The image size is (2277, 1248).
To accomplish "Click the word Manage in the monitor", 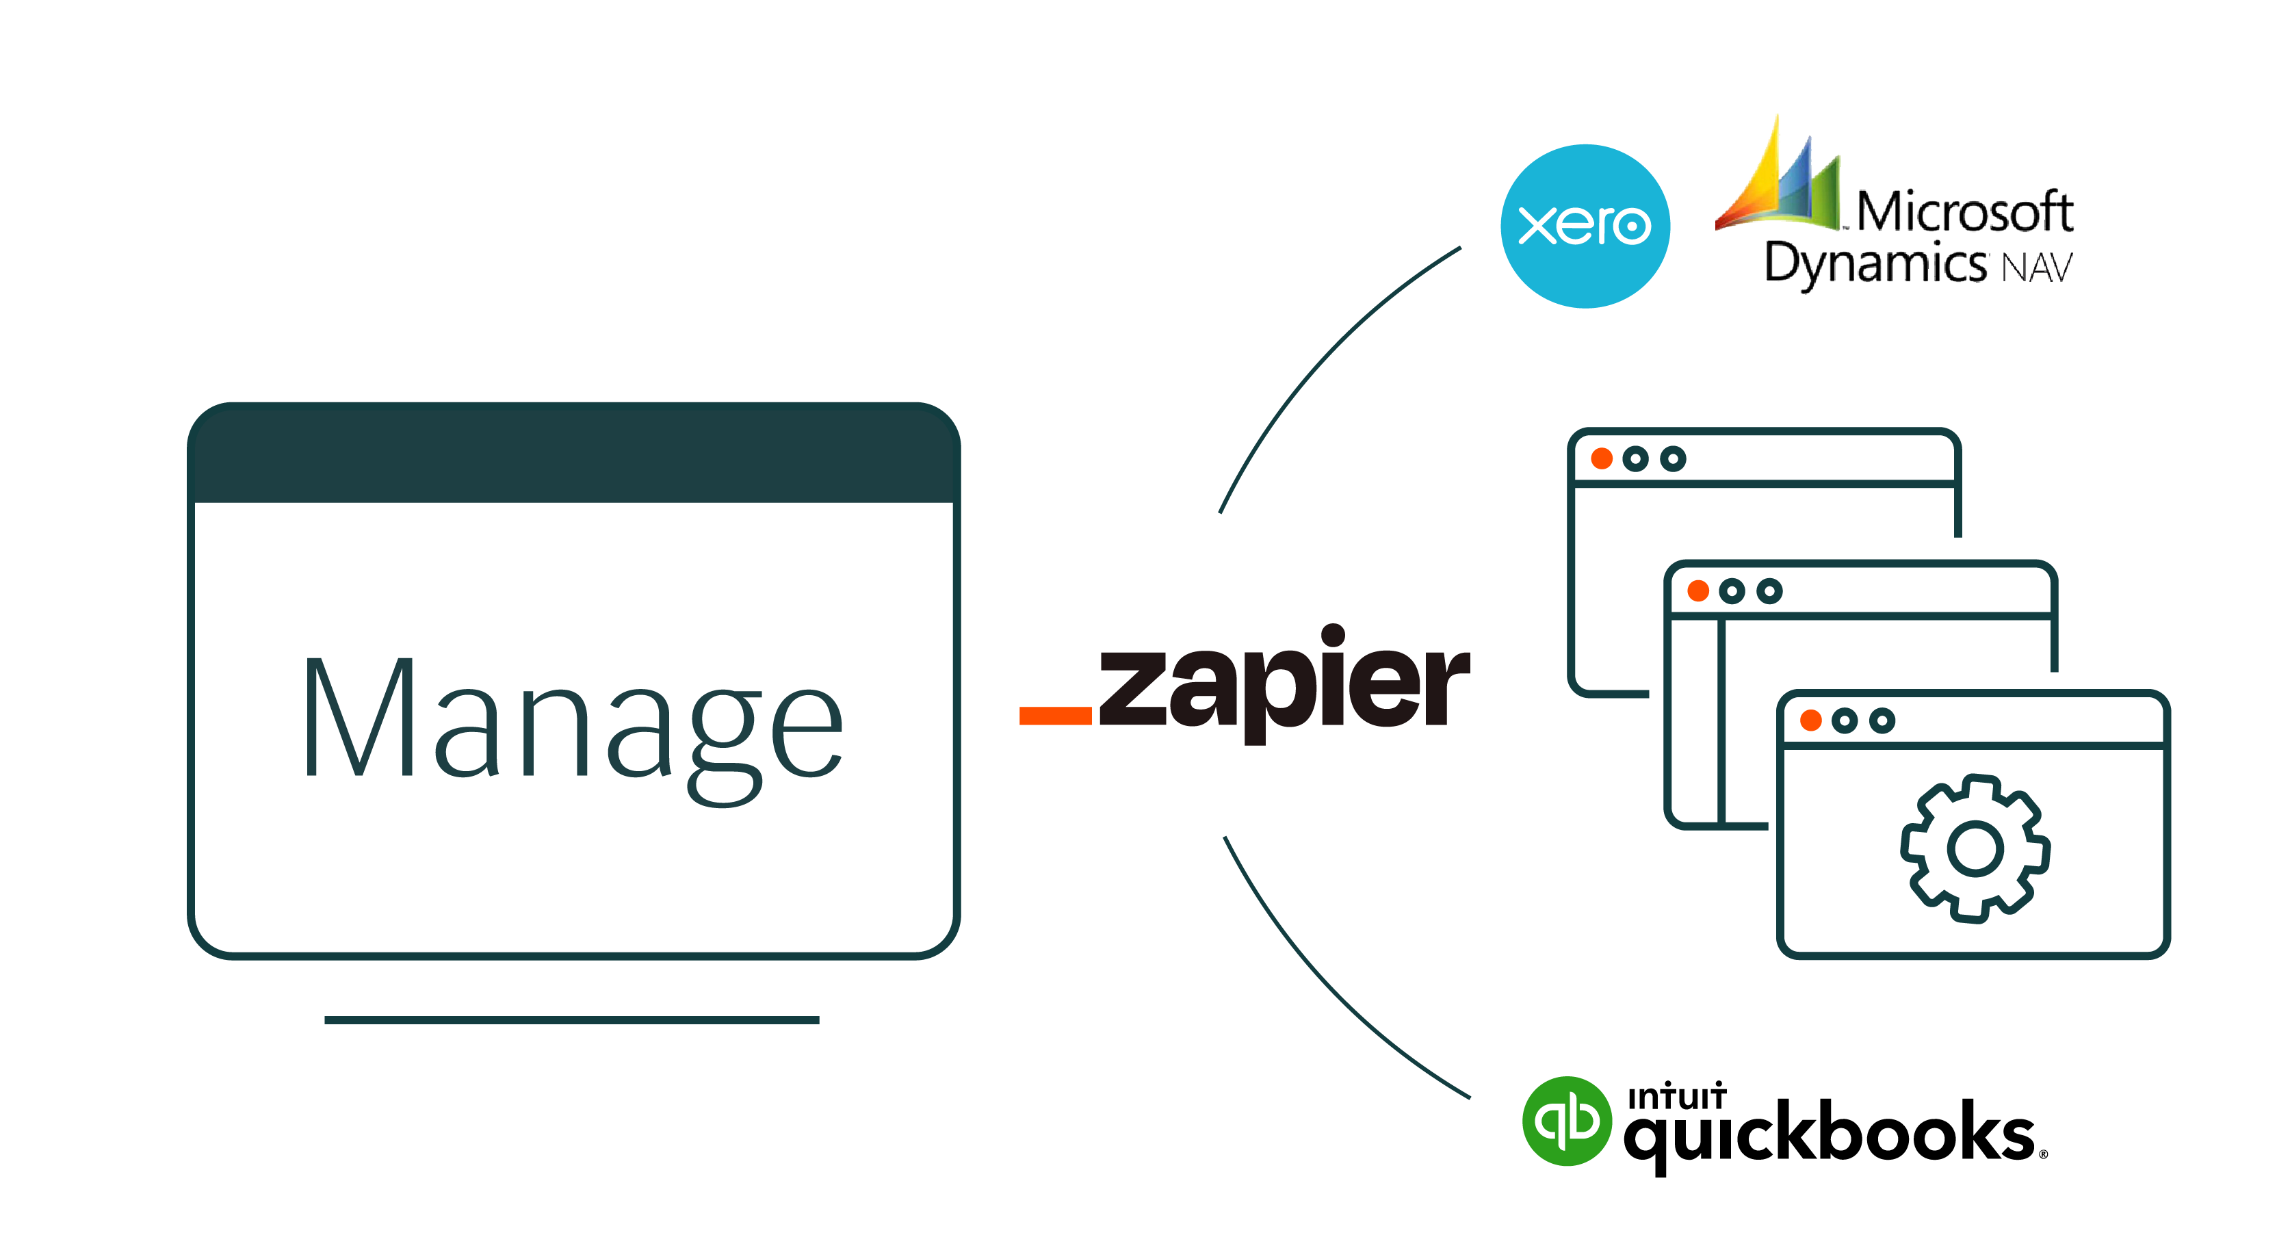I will click(x=573, y=720).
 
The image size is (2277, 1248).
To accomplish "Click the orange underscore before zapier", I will click(x=1054, y=715).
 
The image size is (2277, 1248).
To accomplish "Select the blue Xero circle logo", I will click(x=1585, y=226).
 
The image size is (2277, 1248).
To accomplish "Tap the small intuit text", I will click(x=1676, y=1097).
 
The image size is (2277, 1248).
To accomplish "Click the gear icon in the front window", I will click(x=1975, y=848).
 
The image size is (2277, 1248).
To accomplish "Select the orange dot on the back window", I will click(x=1602, y=458).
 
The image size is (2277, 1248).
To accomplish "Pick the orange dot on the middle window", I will click(x=1697, y=590).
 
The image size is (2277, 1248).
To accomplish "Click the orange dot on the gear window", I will click(x=1810, y=720).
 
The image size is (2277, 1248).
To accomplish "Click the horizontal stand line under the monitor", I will click(x=571, y=1020).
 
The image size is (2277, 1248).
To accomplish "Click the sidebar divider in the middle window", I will click(x=1721, y=720).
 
